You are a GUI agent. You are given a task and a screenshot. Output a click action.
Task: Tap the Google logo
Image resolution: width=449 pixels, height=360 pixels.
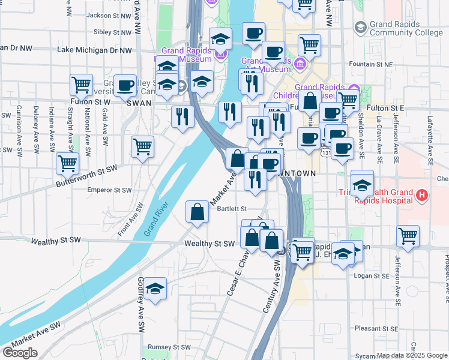[x=20, y=353]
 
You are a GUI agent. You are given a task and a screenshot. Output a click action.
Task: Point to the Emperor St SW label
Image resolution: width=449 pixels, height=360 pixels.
[x=109, y=190]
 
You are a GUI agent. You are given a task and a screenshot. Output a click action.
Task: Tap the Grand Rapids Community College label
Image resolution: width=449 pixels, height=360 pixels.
[x=405, y=29]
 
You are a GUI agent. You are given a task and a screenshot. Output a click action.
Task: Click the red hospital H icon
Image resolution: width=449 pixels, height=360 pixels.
[x=422, y=195]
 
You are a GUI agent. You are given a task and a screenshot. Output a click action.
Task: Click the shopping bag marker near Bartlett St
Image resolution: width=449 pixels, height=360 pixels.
[x=197, y=212]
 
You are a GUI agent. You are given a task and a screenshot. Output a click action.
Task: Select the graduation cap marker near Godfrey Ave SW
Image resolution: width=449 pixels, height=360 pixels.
[x=155, y=289]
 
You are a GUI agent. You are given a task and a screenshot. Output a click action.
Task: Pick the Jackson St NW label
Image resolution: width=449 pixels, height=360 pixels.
[x=109, y=15]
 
